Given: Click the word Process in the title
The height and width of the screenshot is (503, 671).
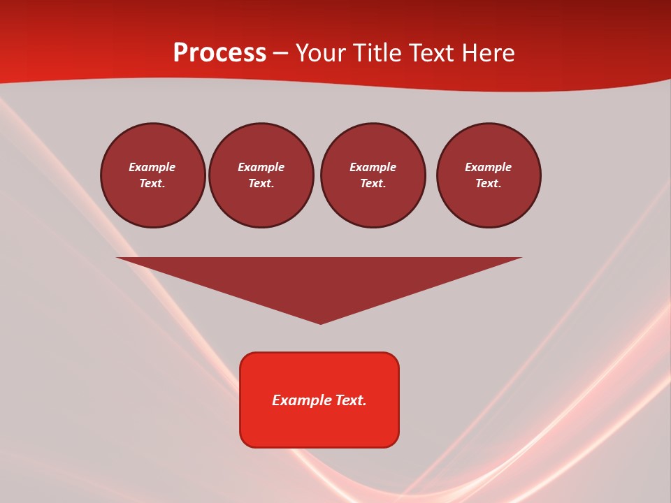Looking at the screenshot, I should (x=219, y=53).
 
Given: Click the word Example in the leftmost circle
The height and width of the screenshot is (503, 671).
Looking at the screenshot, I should (x=152, y=167).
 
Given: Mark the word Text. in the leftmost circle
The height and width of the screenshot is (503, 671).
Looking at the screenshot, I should (x=152, y=183).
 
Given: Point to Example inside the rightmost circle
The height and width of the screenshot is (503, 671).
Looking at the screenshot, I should (x=489, y=167).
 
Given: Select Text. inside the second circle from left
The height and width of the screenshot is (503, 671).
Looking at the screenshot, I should (x=261, y=183).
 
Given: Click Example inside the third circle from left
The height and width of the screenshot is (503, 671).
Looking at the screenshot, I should (x=373, y=167).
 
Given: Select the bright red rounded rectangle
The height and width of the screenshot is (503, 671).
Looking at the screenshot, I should (x=319, y=426).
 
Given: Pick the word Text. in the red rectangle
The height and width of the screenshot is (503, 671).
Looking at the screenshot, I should (x=352, y=400).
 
